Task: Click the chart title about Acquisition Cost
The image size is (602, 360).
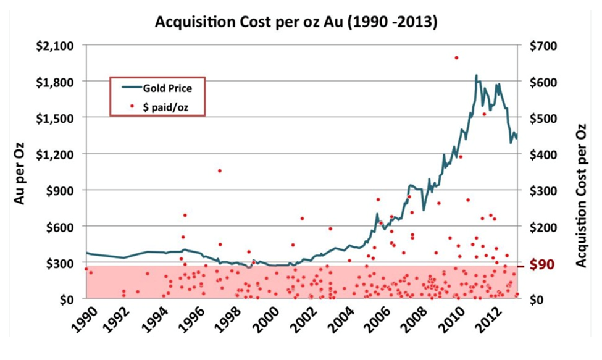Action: pyautogui.click(x=296, y=23)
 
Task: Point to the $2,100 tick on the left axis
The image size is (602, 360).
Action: pyautogui.click(x=56, y=46)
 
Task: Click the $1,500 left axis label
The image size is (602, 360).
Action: pyautogui.click(x=56, y=118)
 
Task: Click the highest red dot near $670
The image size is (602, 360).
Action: pyautogui.click(x=456, y=57)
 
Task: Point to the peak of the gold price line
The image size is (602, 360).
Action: pyautogui.click(x=476, y=75)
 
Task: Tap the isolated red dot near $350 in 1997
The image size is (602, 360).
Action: pyautogui.click(x=219, y=170)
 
